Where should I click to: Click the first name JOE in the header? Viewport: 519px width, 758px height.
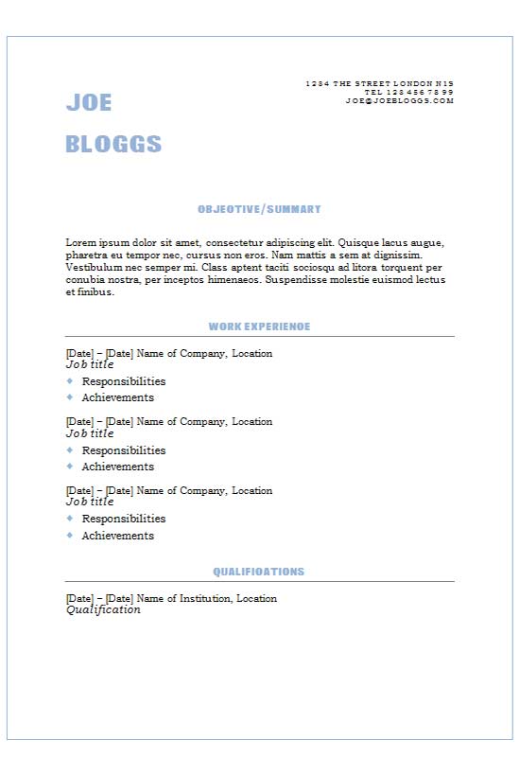click(89, 103)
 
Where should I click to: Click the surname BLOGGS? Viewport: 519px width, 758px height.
click(113, 145)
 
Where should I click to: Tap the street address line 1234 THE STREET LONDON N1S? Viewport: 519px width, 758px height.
click(380, 83)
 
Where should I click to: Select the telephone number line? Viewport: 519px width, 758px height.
click(408, 92)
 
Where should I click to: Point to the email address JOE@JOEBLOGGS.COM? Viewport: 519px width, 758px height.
click(399, 100)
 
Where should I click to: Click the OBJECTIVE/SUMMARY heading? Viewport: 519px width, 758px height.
click(259, 209)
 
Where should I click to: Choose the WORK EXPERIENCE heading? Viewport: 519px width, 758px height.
click(259, 326)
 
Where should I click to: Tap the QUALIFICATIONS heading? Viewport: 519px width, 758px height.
click(259, 572)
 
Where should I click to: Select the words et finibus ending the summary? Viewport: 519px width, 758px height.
click(90, 292)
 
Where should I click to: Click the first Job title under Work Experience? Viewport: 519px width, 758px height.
click(90, 364)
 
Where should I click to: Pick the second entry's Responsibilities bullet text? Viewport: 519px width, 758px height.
click(124, 450)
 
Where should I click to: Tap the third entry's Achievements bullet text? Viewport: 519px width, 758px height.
click(118, 536)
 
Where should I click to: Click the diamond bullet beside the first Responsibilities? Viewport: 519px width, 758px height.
click(69, 381)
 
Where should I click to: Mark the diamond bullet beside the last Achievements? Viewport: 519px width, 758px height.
click(69, 536)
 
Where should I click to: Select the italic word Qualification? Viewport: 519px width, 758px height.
click(103, 610)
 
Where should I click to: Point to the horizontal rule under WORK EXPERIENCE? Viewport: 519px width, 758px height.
click(259, 336)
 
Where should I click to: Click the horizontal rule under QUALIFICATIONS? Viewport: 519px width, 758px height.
click(259, 581)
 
